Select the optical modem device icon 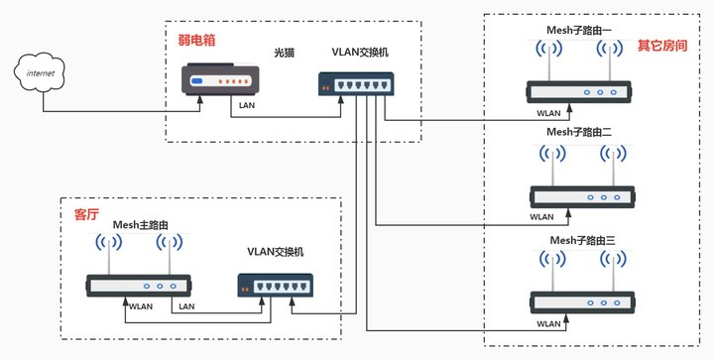pos(221,80)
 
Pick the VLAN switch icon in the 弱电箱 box pos(356,85)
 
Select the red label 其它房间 pos(659,46)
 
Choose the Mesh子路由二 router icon pos(580,196)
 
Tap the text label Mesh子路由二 pos(581,131)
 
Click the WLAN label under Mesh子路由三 pos(548,324)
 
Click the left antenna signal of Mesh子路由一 pos(544,50)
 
